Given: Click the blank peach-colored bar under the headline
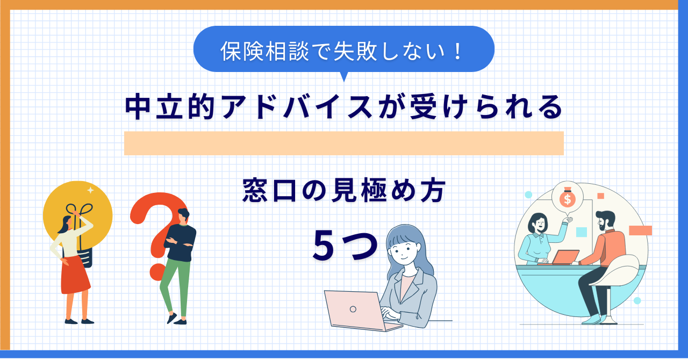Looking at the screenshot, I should point(343,143).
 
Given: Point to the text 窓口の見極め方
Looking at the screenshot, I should point(344,192).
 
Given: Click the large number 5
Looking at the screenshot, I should point(325,248).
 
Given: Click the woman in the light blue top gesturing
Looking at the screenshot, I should point(537,239).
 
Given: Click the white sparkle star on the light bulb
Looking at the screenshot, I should point(90,190).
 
